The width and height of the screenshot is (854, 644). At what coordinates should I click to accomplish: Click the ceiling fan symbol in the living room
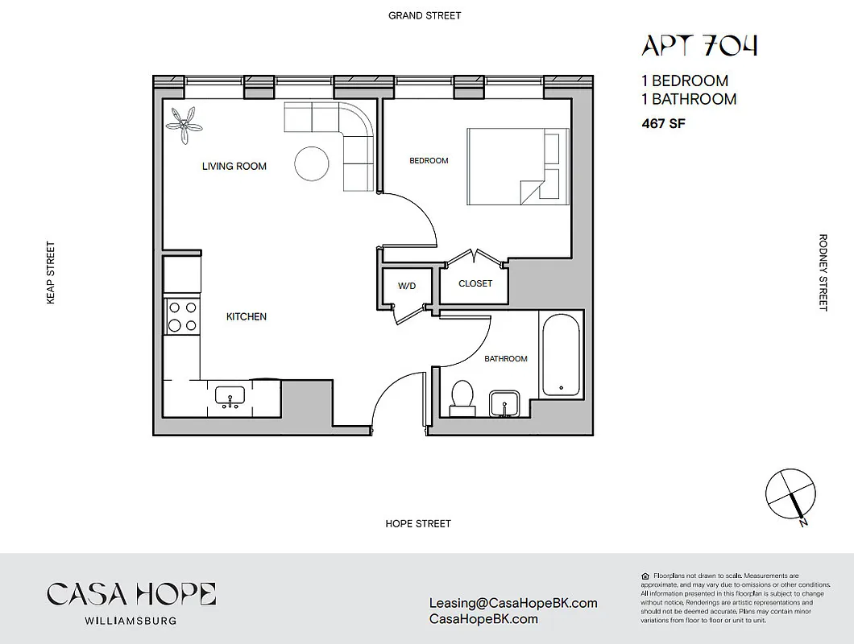pyautogui.click(x=184, y=124)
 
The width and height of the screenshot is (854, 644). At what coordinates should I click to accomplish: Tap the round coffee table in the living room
pyautogui.click(x=312, y=164)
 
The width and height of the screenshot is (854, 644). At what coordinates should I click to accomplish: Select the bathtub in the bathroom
pyautogui.click(x=561, y=354)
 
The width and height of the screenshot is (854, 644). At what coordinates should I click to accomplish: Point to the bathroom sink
pyautogui.click(x=506, y=402)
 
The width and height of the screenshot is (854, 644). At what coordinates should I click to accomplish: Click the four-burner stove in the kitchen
pyautogui.click(x=181, y=316)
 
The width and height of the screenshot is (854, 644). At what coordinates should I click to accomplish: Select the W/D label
pyautogui.click(x=407, y=286)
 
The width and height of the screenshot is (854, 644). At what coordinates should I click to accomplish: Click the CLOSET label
pyautogui.click(x=475, y=283)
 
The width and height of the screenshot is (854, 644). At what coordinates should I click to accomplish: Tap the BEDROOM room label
pyautogui.click(x=429, y=161)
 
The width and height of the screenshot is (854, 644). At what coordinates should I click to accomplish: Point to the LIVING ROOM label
pyautogui.click(x=234, y=167)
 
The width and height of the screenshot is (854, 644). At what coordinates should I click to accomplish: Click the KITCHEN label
pyautogui.click(x=246, y=317)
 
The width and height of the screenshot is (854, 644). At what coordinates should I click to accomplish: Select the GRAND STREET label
pyautogui.click(x=425, y=15)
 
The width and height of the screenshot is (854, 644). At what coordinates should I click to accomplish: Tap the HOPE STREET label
pyautogui.click(x=418, y=524)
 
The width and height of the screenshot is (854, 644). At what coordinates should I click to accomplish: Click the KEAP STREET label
pyautogui.click(x=51, y=272)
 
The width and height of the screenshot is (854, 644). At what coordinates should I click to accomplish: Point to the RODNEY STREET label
pyautogui.click(x=823, y=272)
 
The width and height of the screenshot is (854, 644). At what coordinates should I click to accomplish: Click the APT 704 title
pyautogui.click(x=699, y=46)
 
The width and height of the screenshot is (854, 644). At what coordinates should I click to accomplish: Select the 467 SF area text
pyautogui.click(x=663, y=124)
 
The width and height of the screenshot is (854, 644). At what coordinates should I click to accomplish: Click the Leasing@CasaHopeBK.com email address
pyautogui.click(x=514, y=603)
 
